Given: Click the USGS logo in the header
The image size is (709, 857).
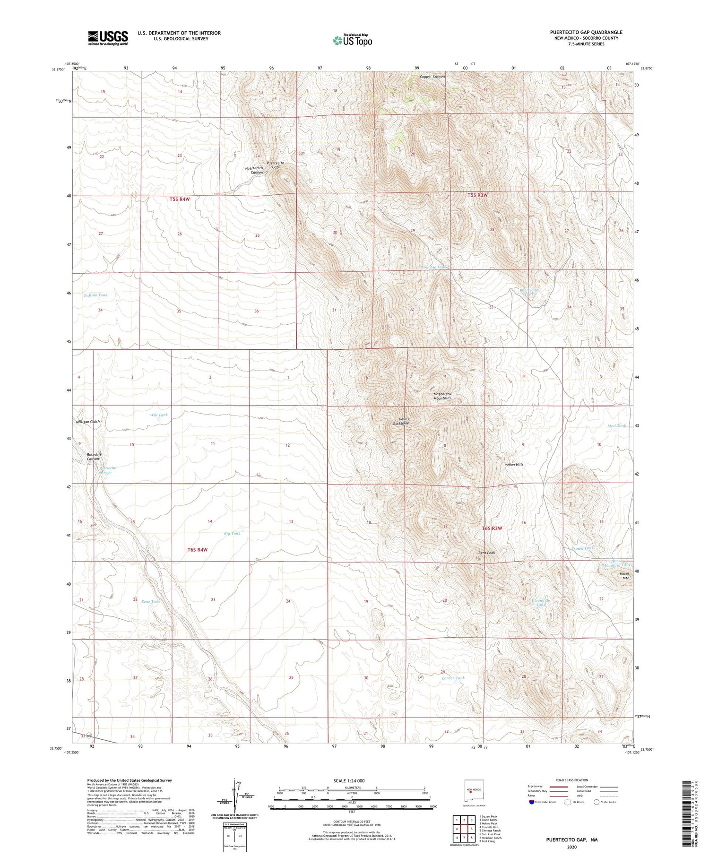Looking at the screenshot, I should click(x=108, y=38).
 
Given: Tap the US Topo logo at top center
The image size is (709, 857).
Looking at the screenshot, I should click(x=353, y=41).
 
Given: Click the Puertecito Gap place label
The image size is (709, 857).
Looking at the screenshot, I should click(x=275, y=164).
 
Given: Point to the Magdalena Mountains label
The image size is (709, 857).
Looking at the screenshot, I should click(x=442, y=396).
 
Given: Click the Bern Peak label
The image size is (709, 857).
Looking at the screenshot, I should click(x=486, y=553).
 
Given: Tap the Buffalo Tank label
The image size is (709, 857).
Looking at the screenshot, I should click(x=95, y=295).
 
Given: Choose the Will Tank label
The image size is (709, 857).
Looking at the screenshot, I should click(x=158, y=415).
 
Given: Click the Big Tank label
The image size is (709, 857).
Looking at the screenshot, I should click(x=232, y=533).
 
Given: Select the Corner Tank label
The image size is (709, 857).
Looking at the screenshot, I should click(x=453, y=678).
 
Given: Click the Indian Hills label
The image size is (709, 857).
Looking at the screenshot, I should click(x=514, y=465).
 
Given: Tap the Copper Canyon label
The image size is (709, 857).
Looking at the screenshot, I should click(x=432, y=77).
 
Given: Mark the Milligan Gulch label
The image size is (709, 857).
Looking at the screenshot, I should click(x=88, y=421).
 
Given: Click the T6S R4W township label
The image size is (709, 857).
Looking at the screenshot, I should click(x=197, y=550).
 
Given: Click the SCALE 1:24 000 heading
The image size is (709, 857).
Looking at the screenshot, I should click(x=349, y=780).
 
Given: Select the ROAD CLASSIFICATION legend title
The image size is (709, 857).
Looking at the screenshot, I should click(x=571, y=780).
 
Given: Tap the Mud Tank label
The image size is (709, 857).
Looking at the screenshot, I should click(x=616, y=425).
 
